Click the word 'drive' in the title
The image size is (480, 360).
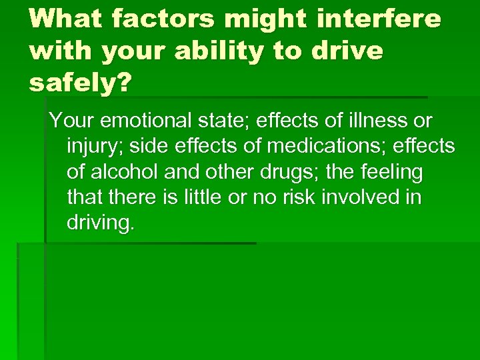pos(348,51)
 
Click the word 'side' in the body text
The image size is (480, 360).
pos(174,147)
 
